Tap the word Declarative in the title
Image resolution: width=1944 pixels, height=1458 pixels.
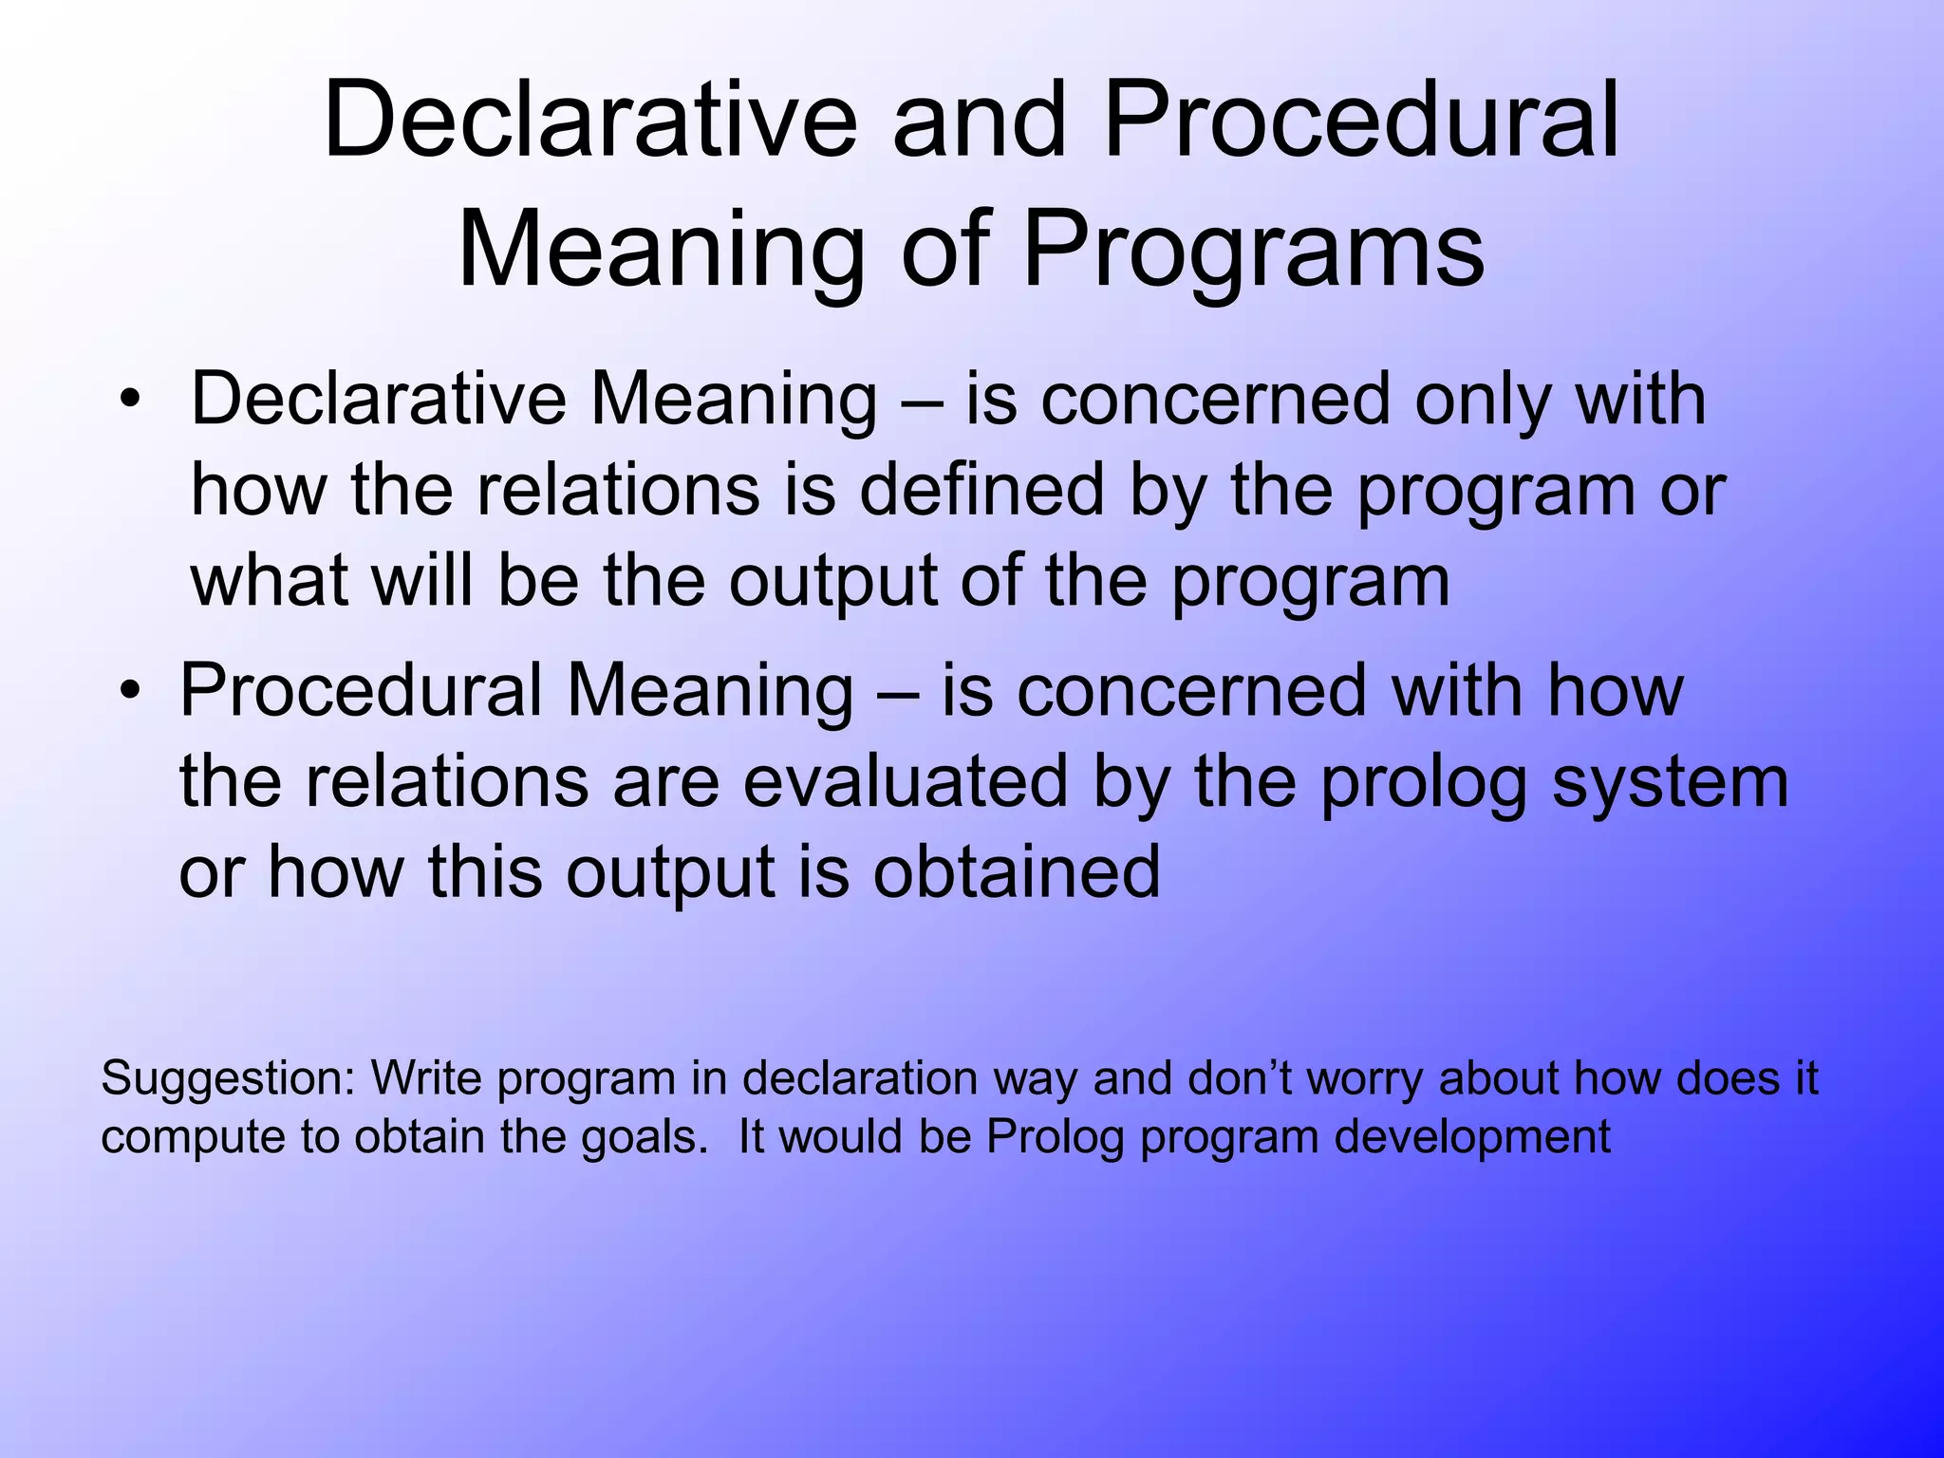(589, 121)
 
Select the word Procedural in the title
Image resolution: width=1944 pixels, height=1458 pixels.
(1362, 121)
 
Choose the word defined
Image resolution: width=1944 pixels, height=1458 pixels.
(982, 491)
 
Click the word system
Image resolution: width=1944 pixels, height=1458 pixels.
(1670, 782)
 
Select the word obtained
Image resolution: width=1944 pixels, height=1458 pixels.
(1017, 872)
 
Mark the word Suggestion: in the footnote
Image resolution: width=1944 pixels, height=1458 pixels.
(228, 1079)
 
